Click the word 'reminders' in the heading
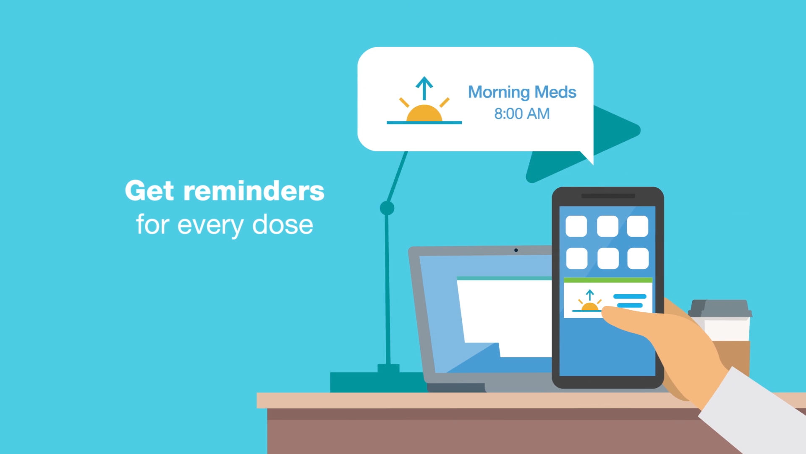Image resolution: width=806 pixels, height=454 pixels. [x=254, y=191]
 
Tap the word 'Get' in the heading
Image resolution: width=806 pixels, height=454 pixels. [x=149, y=191]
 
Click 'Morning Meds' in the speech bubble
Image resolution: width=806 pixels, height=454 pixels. [x=522, y=92]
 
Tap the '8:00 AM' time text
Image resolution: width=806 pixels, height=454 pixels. [x=522, y=113]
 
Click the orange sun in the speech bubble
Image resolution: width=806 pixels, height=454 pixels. [x=424, y=113]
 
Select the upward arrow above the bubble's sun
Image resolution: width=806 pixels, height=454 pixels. [x=424, y=88]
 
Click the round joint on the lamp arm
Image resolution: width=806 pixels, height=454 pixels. [x=387, y=208]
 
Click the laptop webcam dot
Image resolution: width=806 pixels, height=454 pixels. [x=516, y=250]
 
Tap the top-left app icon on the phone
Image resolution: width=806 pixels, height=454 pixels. [x=576, y=227]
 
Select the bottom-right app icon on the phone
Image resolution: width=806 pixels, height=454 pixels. [x=638, y=258]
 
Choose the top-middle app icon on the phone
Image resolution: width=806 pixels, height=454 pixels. [x=607, y=227]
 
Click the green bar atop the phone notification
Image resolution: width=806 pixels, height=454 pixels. [x=608, y=280]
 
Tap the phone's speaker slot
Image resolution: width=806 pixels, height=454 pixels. [x=608, y=196]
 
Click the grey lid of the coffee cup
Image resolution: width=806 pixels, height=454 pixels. [x=720, y=308]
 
